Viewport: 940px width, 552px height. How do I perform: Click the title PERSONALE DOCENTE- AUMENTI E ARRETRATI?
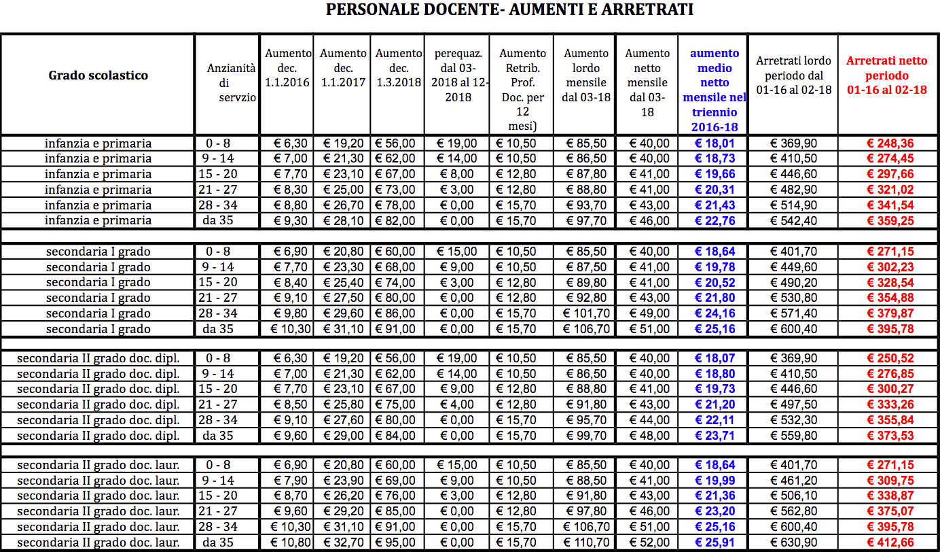click(509, 10)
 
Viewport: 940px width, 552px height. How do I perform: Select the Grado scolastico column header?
click(98, 75)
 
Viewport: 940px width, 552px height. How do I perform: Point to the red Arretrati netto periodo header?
click(886, 75)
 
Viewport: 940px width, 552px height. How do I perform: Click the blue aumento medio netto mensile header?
click(715, 90)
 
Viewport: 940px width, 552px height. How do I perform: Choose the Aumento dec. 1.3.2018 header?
click(398, 68)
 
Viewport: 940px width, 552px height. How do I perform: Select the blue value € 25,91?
click(715, 542)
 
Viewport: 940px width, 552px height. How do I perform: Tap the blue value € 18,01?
click(715, 143)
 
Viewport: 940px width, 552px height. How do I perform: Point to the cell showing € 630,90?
click(793, 542)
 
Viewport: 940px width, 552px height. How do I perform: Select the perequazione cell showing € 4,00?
click(457, 404)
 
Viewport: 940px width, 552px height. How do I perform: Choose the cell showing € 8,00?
click(457, 174)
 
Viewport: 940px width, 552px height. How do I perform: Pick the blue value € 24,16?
click(715, 313)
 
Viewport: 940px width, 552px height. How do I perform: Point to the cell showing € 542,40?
click(793, 220)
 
